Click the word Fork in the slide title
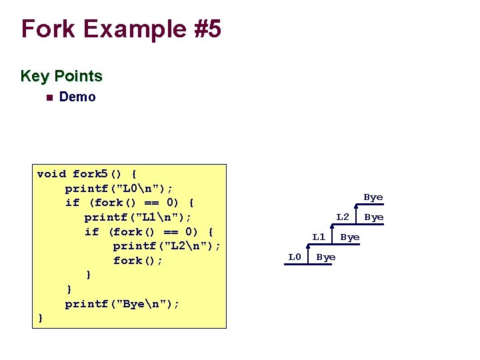point(47,29)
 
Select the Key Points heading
point(61,76)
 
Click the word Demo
point(77,97)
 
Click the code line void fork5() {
point(87,174)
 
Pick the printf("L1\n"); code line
point(138,217)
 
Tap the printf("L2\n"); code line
point(167,246)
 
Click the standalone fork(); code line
point(138,261)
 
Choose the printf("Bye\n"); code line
point(122,304)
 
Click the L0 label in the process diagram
point(295,257)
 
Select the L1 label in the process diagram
point(319,237)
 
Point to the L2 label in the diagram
point(343,217)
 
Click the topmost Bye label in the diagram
point(373,197)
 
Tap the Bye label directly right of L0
point(326,257)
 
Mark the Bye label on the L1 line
point(350,237)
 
